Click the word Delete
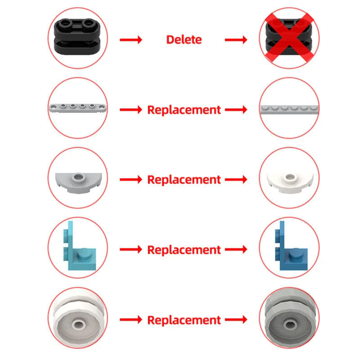point(184,40)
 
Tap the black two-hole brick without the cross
point(77,37)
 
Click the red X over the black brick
point(289,38)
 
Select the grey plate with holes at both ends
point(78,108)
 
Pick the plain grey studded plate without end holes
point(289,110)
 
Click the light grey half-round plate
point(78,183)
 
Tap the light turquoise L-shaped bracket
point(79,246)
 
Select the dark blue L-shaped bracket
point(291,246)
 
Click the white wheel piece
point(78,319)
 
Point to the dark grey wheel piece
point(290,319)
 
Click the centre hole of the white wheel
point(78,324)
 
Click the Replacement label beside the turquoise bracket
point(184,250)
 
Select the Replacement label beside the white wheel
point(184,320)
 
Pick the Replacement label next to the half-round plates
point(184,180)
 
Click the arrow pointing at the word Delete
point(131,40)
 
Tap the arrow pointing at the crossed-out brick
point(236,40)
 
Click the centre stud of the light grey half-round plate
point(78,177)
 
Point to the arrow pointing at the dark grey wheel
point(236,319)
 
